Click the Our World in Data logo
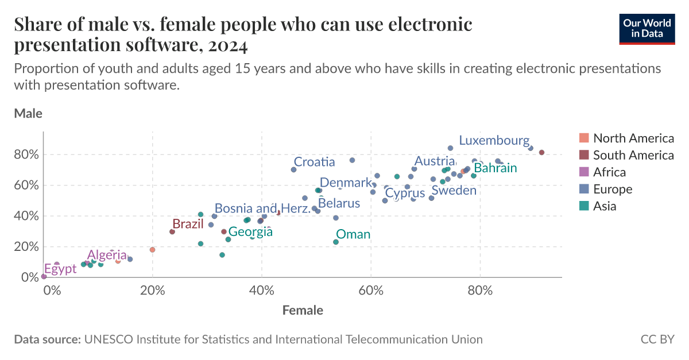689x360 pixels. [x=647, y=28]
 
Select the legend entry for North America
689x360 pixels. [x=626, y=138]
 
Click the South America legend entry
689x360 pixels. [x=626, y=155]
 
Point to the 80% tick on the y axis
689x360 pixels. [x=26, y=155]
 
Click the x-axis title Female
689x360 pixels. [x=303, y=311]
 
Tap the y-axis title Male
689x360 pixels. [x=28, y=114]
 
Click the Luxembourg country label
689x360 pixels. [x=494, y=141]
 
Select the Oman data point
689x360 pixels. [x=336, y=242]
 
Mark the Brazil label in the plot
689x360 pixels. [x=188, y=224]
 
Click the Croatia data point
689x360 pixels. [x=294, y=169]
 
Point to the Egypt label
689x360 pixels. [x=60, y=269]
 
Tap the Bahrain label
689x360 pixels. [x=496, y=168]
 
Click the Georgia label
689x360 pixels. [x=250, y=233]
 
